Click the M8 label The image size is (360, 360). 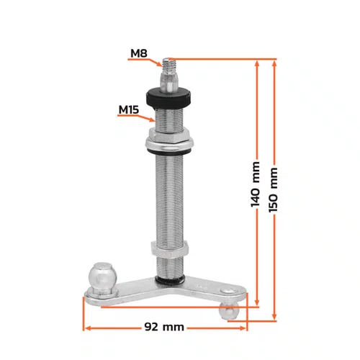click(x=139, y=53)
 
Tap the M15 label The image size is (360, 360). click(x=129, y=109)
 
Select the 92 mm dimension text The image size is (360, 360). click(x=164, y=327)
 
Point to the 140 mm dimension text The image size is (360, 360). click(x=256, y=184)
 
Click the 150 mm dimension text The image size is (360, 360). click(x=273, y=190)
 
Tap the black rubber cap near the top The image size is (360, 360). click(x=168, y=98)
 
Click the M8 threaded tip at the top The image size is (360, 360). click(x=166, y=64)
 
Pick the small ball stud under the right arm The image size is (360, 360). click(x=229, y=310)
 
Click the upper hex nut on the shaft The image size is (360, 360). click(x=169, y=135)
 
